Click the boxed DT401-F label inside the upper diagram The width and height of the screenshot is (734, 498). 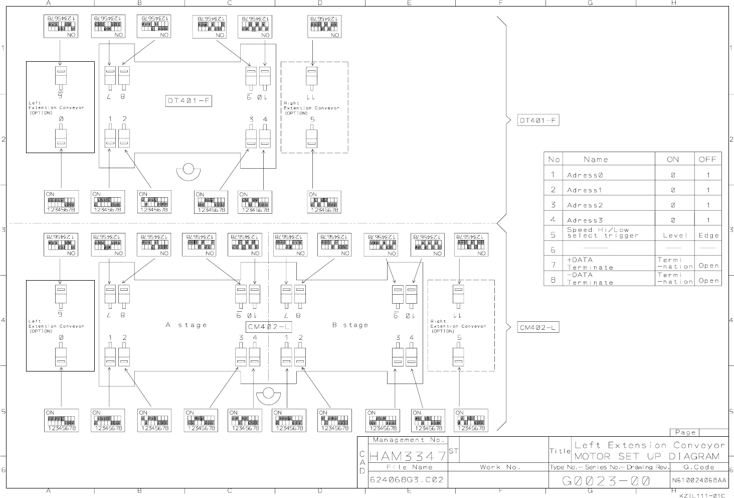click(189, 101)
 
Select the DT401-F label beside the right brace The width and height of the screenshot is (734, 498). click(538, 120)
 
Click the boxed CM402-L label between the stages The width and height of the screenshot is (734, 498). click(269, 327)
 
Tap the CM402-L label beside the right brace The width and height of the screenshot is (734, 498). click(538, 328)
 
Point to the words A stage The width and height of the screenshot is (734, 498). click(186, 325)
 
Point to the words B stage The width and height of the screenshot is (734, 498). click(350, 325)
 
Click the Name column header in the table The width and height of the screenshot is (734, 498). click(596, 159)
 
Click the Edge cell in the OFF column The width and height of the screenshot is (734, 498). click(708, 235)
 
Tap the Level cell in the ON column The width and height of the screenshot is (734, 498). click(675, 235)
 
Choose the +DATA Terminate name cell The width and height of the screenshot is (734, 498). click(590, 264)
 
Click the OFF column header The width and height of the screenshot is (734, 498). click(708, 159)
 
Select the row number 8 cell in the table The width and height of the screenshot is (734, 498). click(553, 279)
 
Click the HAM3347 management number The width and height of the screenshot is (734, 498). click(408, 456)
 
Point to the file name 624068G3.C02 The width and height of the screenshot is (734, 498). click(407, 479)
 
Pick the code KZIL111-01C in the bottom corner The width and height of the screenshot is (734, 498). click(702, 495)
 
